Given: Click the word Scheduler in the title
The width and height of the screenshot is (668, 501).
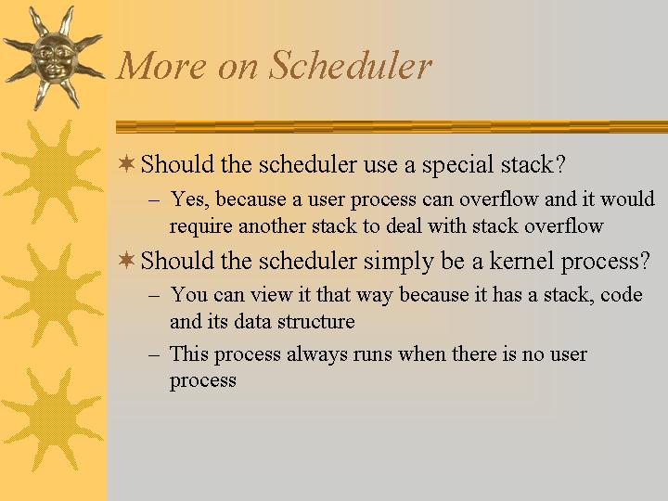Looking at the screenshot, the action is (x=350, y=65).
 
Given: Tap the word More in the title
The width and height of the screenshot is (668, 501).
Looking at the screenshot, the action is (x=161, y=65).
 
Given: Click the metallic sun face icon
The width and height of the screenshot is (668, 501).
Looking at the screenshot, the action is (x=54, y=58).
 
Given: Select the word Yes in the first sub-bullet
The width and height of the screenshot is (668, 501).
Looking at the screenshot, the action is (x=190, y=199).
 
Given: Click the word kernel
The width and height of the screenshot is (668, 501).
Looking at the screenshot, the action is (x=521, y=261).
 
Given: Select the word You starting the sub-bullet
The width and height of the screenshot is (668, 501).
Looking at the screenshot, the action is (x=189, y=294).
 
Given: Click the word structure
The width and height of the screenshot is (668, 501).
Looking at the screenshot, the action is (x=315, y=321).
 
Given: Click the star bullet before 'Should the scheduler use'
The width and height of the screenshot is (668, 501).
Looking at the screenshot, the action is (x=126, y=163).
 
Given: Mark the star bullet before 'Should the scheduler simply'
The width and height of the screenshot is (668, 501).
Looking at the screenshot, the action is (x=126, y=260).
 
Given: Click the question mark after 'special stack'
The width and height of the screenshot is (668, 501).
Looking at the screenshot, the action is (x=560, y=164).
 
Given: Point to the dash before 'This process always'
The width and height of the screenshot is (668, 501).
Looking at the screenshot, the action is (x=154, y=354).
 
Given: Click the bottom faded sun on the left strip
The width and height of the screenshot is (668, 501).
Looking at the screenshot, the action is (x=52, y=419).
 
